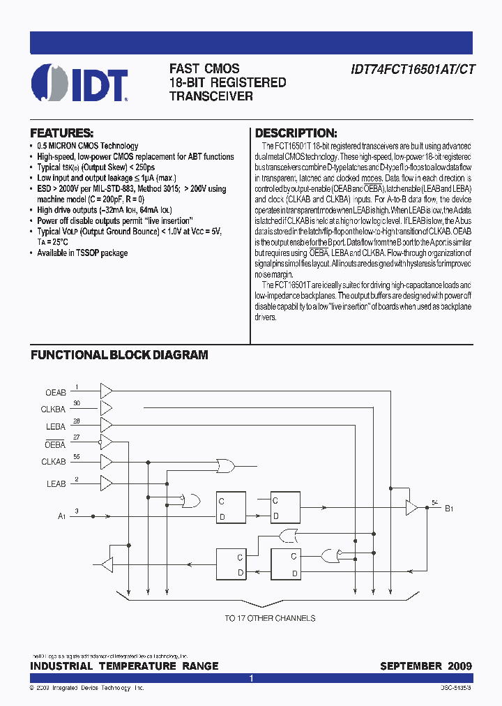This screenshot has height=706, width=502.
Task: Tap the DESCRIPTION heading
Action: tap(296, 133)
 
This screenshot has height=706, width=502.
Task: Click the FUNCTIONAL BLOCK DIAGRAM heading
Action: tap(119, 355)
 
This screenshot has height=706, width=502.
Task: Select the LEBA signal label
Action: tap(55, 426)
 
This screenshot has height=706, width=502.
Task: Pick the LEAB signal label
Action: tap(56, 483)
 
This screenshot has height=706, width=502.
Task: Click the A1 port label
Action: tap(61, 517)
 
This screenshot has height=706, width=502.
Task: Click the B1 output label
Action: tap(449, 509)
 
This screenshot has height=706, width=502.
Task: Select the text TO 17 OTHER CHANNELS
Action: tap(270, 618)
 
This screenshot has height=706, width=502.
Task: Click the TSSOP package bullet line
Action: tap(82, 253)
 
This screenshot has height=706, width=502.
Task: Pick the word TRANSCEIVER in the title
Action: tap(211, 96)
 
